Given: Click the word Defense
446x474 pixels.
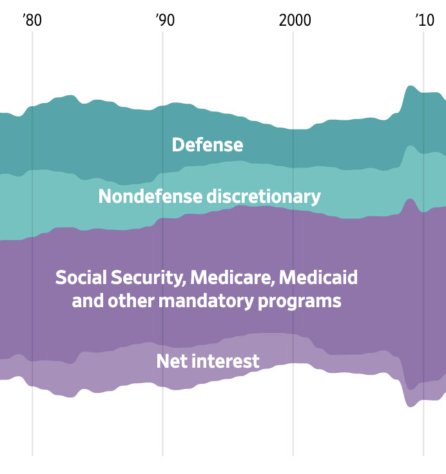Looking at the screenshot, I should [x=207, y=145].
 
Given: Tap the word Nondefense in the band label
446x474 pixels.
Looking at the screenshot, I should [x=150, y=196].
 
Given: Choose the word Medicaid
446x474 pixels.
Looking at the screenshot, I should [x=319, y=278].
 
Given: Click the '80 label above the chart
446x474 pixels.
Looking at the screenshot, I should [x=32, y=20].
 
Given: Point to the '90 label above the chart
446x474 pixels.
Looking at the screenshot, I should [x=164, y=20].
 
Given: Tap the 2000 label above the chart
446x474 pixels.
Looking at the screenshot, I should [x=295, y=20].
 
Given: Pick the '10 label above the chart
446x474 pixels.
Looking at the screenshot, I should [x=424, y=20].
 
